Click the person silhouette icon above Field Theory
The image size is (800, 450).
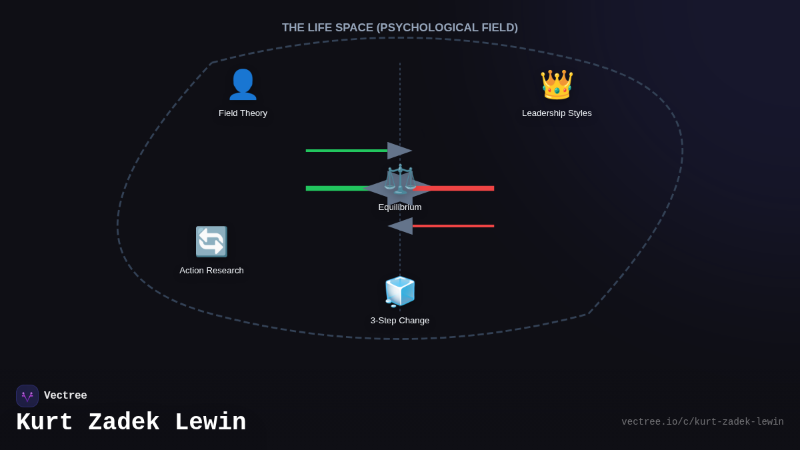click(x=243, y=85)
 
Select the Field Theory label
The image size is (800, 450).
click(x=243, y=113)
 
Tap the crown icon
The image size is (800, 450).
click(x=557, y=85)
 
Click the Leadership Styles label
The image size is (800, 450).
click(x=557, y=113)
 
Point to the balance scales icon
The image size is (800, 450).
click(x=400, y=179)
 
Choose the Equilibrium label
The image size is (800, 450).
click(x=400, y=207)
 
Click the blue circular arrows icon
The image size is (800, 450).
click(x=211, y=241)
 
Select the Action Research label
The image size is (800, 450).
click(x=211, y=271)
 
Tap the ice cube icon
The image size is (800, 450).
click(x=400, y=291)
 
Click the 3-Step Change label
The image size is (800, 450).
click(x=400, y=321)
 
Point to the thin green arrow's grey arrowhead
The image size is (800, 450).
click(x=399, y=151)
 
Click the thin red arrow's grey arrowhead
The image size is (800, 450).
click(x=400, y=226)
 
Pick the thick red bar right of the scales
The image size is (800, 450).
click(x=460, y=189)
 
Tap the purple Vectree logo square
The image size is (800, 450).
click(x=27, y=396)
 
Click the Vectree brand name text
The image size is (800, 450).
click(x=65, y=396)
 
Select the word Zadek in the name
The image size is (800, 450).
click(x=124, y=423)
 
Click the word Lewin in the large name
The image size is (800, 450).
click(x=210, y=423)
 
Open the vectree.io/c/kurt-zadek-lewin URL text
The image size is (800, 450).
click(x=703, y=422)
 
